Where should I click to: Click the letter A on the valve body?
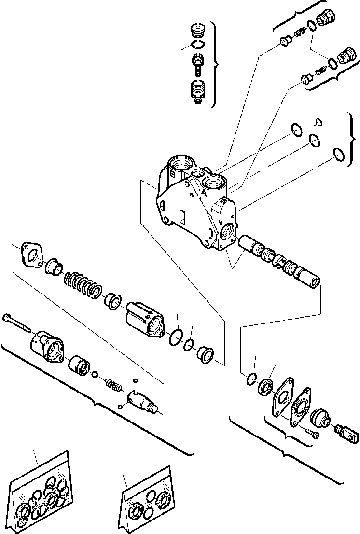click(x=204, y=192)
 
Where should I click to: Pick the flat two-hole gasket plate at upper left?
click(x=32, y=255)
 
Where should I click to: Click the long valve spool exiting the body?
click(x=280, y=262)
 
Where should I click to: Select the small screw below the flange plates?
click(x=312, y=434)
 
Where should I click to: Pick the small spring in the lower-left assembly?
click(x=113, y=385)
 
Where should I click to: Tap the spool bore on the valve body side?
click(x=227, y=230)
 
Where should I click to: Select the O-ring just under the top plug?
click(x=197, y=45)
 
